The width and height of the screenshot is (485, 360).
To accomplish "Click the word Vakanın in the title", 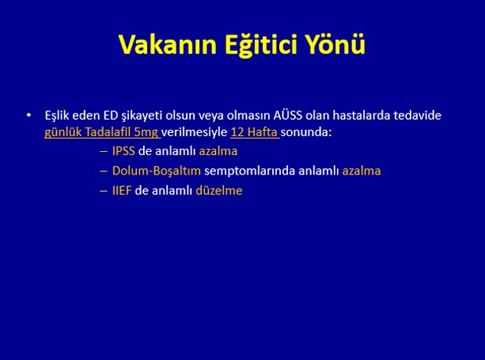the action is pos(167,45).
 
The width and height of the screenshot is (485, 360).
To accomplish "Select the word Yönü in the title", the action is pos(336,44).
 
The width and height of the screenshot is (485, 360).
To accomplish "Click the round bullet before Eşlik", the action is pos(29,115).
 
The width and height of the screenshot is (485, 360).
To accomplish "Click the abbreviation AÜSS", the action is pos(288,115).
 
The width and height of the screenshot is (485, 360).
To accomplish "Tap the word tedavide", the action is pos(417,115).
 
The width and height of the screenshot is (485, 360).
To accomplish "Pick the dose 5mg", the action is pos(146,133).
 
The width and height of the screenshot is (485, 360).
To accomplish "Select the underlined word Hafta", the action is pos(262,132).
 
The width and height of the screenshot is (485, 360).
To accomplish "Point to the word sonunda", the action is pos(306,132).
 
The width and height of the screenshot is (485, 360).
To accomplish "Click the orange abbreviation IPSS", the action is pos(124,151).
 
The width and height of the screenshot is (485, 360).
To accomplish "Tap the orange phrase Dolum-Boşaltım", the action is pos(156,171).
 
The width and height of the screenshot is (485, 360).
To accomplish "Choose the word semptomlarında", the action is pos(250,171).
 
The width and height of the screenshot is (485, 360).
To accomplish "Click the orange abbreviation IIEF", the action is pos(121,191).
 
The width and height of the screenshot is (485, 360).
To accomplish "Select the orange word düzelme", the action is pos(219,191).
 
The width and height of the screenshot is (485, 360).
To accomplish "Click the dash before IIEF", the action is pos(103,191).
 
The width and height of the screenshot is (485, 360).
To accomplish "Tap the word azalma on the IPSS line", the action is pos(218,151).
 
